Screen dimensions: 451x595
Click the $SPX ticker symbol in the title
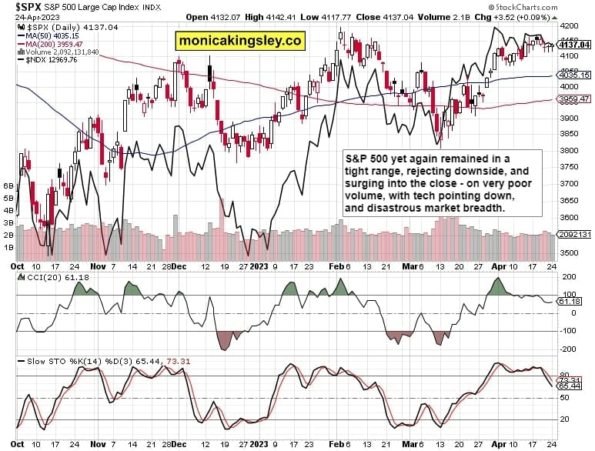pyautogui.click(x=18, y=6)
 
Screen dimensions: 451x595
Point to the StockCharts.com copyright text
pyautogui.click(x=559, y=8)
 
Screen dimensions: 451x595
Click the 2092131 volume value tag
pyautogui.click(x=573, y=235)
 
